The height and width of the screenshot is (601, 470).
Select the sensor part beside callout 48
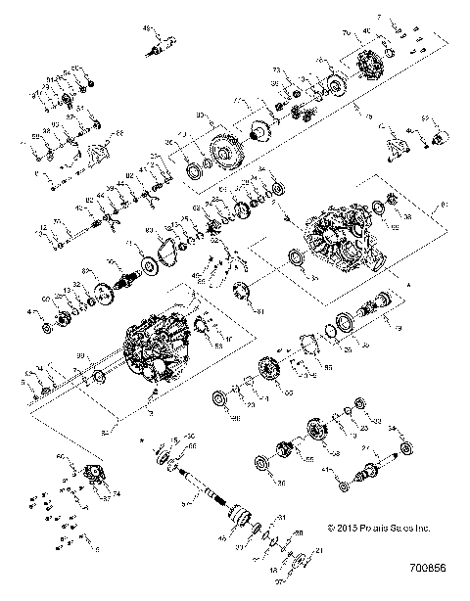(x=165, y=41)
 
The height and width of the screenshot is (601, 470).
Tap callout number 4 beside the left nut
(x=32, y=312)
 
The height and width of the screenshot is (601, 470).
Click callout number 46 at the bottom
(x=222, y=537)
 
